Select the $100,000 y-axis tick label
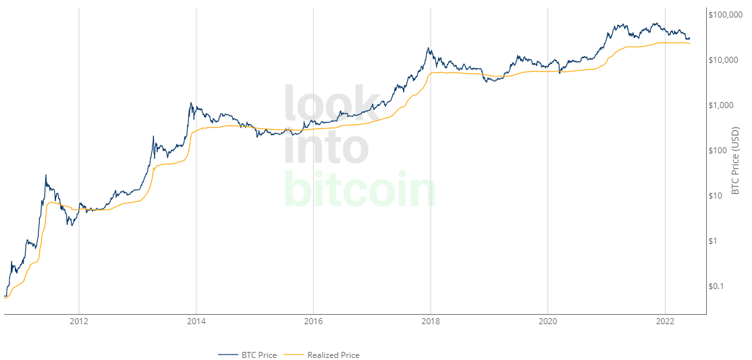click(726, 14)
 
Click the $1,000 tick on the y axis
click(723, 105)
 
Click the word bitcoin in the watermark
click(360, 189)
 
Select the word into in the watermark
click(326, 146)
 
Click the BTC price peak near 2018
click(429, 48)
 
